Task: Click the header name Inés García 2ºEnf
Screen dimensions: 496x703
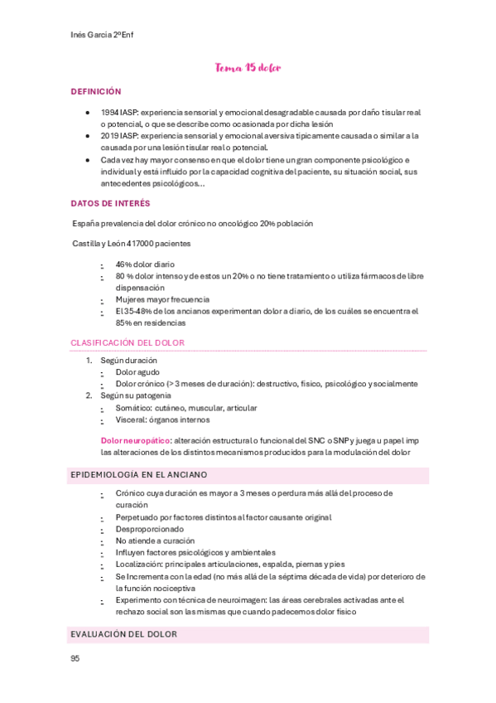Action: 101,36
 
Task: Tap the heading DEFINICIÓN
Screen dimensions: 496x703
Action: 96,91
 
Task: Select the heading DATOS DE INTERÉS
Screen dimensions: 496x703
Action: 110,203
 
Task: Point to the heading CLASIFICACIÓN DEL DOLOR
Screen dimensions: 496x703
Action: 128,342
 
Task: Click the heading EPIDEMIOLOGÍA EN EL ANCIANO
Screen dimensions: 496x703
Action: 139,475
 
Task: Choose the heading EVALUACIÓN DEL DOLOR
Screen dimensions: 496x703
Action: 124,634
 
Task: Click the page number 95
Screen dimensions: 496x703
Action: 75,658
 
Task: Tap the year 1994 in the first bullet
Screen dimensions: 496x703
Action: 109,112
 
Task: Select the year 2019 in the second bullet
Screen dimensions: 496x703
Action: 109,135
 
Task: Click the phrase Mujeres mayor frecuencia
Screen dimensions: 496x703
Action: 162,299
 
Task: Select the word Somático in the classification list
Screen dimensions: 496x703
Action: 133,408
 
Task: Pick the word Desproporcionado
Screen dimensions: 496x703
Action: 150,529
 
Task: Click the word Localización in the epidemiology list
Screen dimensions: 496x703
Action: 139,564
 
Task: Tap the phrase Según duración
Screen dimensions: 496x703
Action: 128,361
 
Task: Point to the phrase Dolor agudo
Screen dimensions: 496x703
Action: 137,372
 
